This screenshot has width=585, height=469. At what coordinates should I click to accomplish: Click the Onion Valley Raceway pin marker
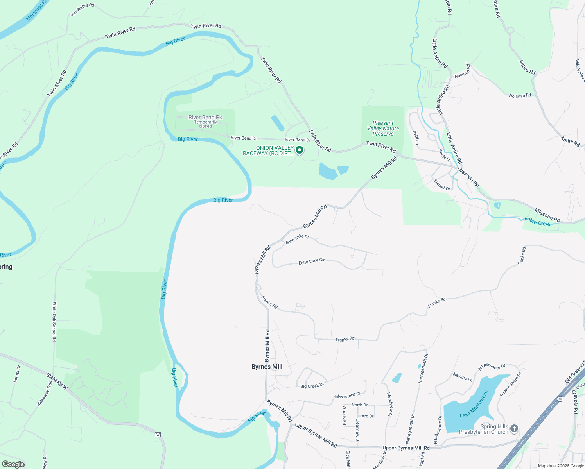(300, 150)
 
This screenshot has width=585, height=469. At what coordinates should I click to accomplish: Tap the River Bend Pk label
(205, 117)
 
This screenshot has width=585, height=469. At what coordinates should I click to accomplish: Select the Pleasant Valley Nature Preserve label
(383, 128)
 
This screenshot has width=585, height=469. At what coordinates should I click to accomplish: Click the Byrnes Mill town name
(267, 367)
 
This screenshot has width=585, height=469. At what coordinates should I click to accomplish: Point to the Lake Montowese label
(474, 404)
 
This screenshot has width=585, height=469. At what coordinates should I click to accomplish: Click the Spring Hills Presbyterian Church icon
(514, 429)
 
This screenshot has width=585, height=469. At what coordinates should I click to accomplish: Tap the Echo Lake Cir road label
(312, 261)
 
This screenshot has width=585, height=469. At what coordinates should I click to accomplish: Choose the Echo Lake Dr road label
(297, 239)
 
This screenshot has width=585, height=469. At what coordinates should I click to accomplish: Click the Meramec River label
(36, 11)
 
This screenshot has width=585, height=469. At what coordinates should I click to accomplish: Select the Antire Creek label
(538, 222)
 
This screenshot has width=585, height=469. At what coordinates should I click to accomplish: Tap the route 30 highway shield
(560, 399)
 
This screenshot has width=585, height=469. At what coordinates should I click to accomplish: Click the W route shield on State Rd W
(158, 435)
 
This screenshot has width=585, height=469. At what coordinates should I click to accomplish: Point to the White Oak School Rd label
(55, 322)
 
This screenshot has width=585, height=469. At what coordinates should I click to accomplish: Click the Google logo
(13, 464)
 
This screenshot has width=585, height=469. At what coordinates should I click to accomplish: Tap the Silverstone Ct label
(347, 396)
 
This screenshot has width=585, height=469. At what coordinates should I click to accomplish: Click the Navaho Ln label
(463, 377)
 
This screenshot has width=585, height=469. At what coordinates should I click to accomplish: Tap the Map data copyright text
(561, 466)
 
